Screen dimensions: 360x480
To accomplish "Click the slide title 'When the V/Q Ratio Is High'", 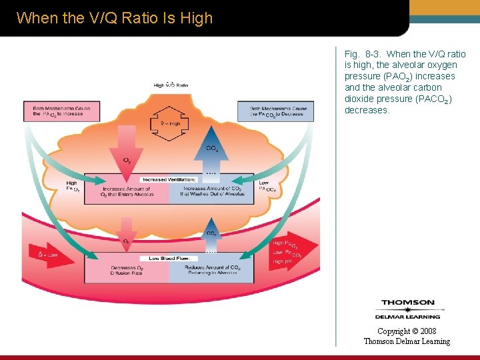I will pos(114,18).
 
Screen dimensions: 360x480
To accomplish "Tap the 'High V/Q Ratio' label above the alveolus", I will pos(171,85).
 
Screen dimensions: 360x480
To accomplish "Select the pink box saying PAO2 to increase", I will pos(61,111).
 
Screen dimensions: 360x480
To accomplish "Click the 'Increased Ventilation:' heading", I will pos(169,179).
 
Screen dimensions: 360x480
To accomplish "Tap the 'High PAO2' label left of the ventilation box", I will pos(72,186).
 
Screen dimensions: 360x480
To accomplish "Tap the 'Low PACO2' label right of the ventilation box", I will pos(267,186).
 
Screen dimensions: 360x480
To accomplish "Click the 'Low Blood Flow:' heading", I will pos(169,258).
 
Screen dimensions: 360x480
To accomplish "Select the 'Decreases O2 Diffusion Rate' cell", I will pos(126,270).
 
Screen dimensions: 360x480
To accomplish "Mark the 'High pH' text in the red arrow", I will pos(283,261).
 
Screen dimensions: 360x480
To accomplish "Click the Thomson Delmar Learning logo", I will pos(407,309).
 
